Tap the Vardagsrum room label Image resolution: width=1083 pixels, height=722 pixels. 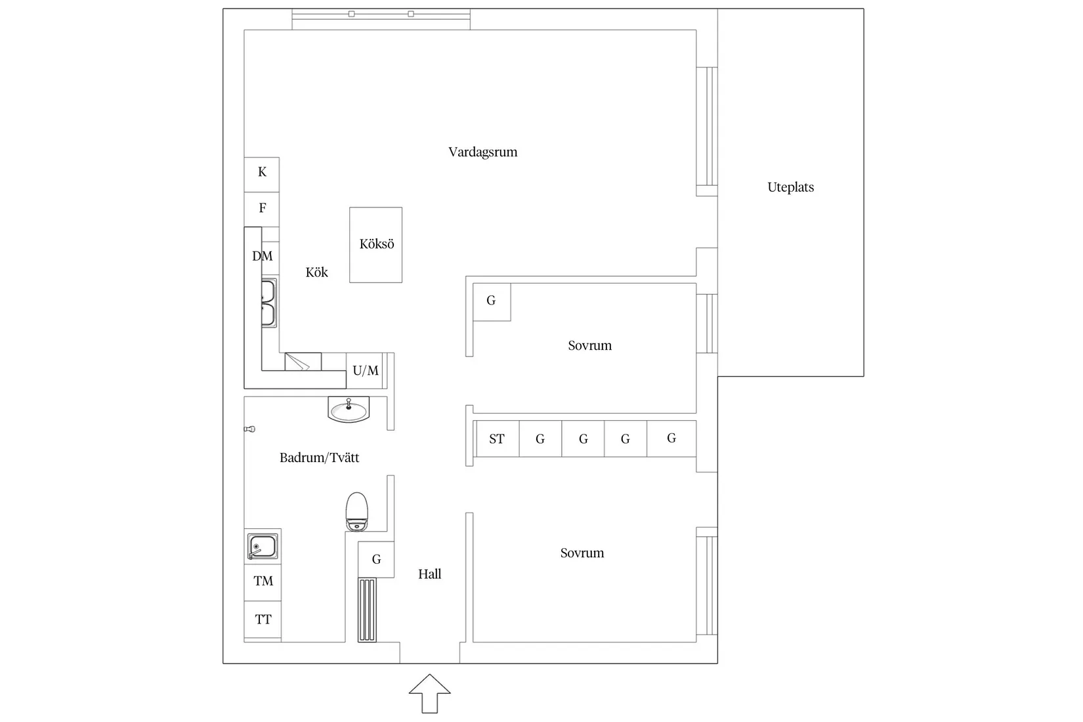point(482,152)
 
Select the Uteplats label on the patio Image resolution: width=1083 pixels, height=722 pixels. point(790,187)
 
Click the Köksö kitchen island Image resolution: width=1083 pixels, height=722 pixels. point(375,245)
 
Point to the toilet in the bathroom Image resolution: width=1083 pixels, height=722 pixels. point(357,512)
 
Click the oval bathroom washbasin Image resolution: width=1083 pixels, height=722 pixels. point(349,410)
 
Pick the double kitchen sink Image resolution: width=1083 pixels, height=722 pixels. point(269,303)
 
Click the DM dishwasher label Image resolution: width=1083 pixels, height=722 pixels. point(262,256)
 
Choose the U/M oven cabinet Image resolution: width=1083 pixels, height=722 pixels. point(365,371)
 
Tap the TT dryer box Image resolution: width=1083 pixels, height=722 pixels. point(263,620)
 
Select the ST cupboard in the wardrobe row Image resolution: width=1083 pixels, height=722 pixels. point(498,438)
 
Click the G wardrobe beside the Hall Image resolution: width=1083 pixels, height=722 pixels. point(376,559)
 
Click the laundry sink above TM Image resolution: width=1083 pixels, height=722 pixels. point(263,547)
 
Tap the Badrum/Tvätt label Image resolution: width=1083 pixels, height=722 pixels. point(319,457)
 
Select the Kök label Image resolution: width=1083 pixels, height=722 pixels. point(316,272)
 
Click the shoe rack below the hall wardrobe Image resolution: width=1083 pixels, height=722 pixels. point(367,610)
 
